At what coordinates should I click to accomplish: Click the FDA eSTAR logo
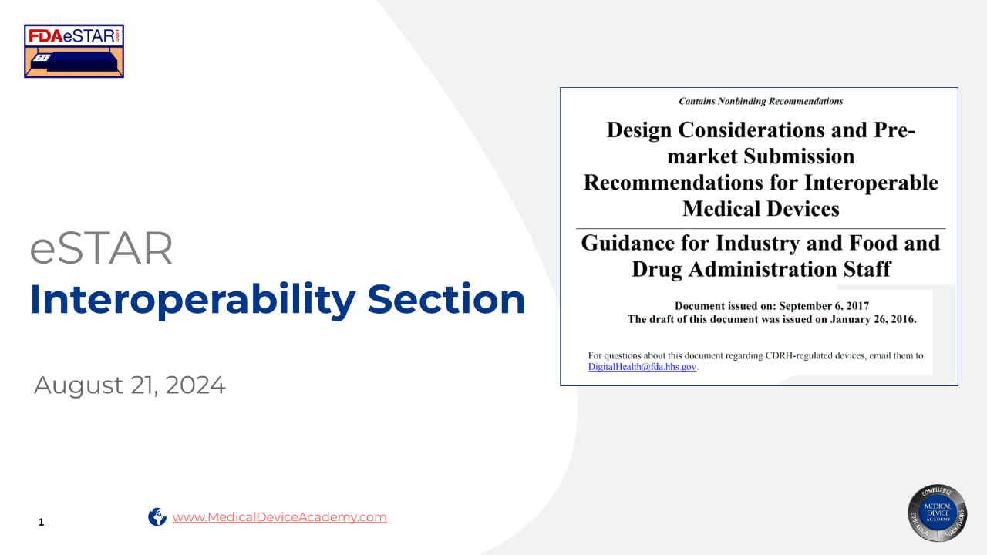74,51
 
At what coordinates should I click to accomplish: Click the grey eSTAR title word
101,248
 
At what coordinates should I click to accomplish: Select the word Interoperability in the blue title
193,301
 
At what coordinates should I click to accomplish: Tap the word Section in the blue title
446,299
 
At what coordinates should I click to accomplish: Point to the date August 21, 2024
130,385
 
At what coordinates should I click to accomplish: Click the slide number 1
42,522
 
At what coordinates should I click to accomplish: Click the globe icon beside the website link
157,516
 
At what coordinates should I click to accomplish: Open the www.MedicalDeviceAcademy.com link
279,517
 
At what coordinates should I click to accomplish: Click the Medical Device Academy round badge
937,513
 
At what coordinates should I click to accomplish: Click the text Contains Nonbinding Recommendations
761,101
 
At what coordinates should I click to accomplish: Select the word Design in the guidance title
639,130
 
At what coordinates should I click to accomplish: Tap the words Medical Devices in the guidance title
761,209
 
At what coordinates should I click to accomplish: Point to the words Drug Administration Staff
761,269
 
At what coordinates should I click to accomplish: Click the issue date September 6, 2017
824,306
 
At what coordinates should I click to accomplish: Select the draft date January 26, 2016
874,319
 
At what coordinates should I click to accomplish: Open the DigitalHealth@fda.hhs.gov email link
642,367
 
